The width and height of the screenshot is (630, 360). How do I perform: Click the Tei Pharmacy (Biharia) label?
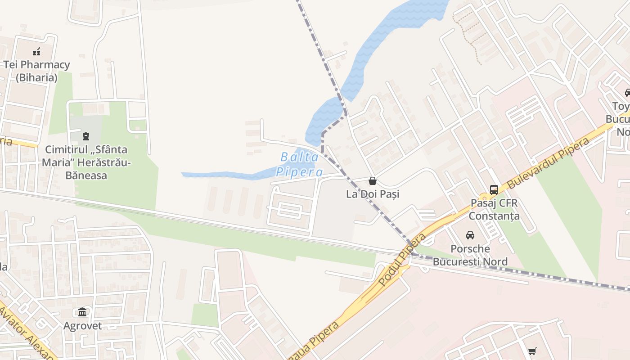(x=36, y=71)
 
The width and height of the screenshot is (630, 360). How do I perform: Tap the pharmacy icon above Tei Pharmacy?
(x=36, y=52)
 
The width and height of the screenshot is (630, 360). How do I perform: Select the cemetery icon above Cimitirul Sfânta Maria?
(x=85, y=136)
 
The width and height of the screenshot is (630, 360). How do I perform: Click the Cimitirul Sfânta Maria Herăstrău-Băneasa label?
(x=86, y=162)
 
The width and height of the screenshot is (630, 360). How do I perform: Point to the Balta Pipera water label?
(x=300, y=164)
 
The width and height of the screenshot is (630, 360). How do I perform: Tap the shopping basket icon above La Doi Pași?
(x=373, y=181)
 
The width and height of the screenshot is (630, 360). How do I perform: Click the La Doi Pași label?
(x=373, y=194)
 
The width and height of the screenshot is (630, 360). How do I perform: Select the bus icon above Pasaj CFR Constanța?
(x=494, y=190)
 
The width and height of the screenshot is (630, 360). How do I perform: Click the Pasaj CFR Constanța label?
(x=494, y=209)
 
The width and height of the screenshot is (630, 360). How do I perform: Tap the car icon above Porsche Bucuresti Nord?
(x=470, y=235)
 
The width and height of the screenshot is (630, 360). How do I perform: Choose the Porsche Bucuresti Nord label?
(x=470, y=255)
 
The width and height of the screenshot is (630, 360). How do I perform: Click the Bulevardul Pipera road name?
(x=548, y=163)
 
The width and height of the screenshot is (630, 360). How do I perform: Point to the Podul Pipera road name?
(x=401, y=260)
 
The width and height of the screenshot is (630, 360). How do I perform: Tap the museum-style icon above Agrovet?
(x=82, y=312)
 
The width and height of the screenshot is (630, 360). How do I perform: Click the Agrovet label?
(x=82, y=326)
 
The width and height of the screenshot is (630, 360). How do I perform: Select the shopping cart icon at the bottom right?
(x=532, y=351)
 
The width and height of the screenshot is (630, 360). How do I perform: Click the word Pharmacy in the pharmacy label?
(x=45, y=65)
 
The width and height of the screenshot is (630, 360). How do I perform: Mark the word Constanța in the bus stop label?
(x=494, y=216)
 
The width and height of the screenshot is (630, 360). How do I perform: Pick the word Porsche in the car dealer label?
(x=470, y=249)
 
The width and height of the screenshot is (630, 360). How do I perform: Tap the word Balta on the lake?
(x=300, y=157)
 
